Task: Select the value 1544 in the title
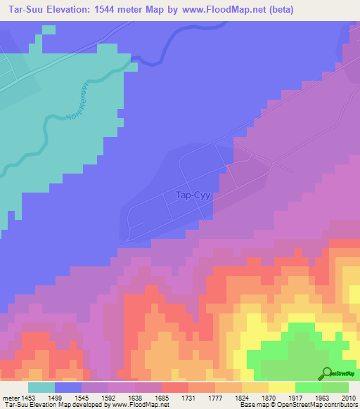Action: click(x=105, y=10)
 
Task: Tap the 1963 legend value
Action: click(x=327, y=396)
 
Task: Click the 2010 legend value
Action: click(x=350, y=396)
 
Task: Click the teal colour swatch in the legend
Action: click(x=41, y=387)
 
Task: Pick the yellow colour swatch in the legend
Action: click(x=282, y=387)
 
